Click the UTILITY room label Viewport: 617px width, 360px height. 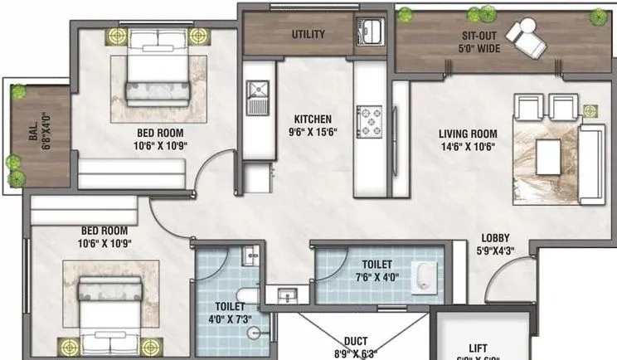click(x=308, y=34)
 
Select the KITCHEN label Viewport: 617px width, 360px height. click(x=312, y=119)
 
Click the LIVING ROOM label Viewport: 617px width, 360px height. click(x=468, y=134)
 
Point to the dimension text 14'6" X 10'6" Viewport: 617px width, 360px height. click(x=468, y=148)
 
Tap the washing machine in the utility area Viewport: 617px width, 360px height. click(x=367, y=32)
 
